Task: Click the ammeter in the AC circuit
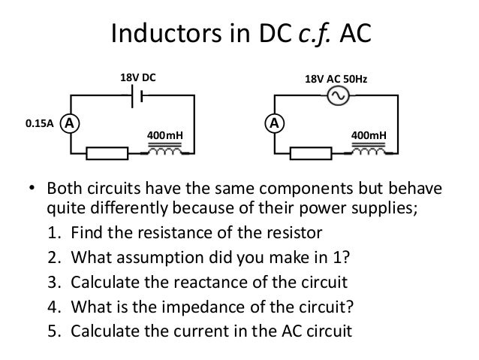pyautogui.click(x=276, y=122)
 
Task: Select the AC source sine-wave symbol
pyautogui.click(x=336, y=95)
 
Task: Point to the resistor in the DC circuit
pyautogui.click(x=107, y=154)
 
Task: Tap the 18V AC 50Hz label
pyautogui.click(x=336, y=77)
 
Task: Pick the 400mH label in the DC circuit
pyautogui.click(x=166, y=135)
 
